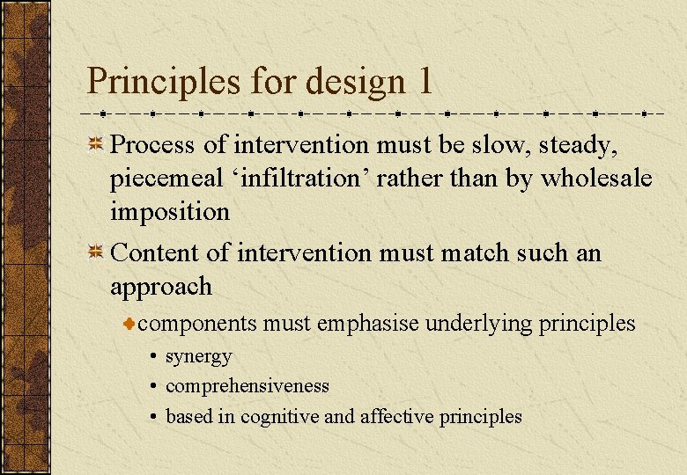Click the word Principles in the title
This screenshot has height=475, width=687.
[x=164, y=82]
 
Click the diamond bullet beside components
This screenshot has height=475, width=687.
[x=129, y=325]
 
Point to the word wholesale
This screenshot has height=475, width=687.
[x=595, y=178]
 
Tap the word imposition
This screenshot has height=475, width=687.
[x=169, y=211]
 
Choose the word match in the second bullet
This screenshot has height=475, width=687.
[x=476, y=253]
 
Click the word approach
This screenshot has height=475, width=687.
[x=161, y=287]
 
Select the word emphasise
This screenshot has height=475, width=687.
[x=368, y=324]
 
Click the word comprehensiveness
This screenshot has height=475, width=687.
[x=247, y=386]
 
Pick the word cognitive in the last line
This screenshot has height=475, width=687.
[x=280, y=416]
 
